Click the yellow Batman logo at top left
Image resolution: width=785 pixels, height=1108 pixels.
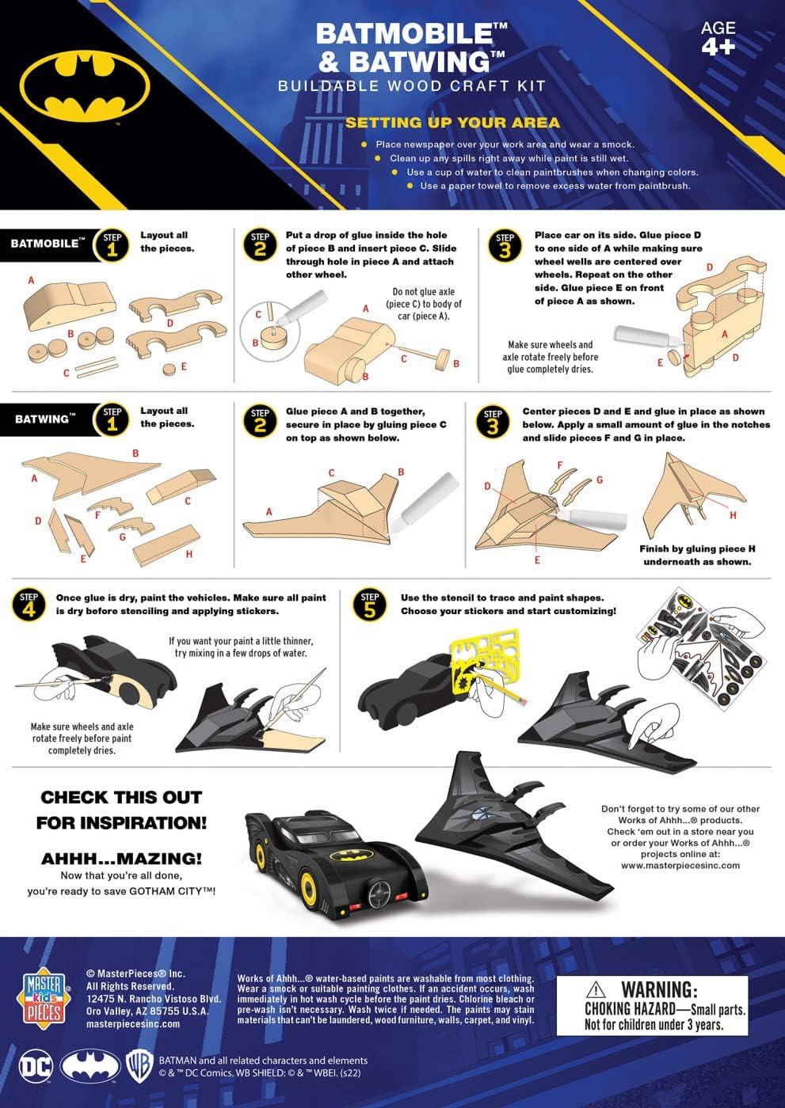(85, 88)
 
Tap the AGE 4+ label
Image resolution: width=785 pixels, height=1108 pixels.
(718, 37)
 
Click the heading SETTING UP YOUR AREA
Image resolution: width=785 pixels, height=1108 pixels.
(452, 122)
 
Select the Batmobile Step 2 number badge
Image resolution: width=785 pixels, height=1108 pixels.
(260, 245)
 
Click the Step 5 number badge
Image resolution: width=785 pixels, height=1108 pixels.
(370, 605)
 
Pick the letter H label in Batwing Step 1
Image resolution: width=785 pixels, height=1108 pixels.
(189, 554)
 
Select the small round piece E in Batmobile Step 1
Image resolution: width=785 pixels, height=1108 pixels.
(170, 369)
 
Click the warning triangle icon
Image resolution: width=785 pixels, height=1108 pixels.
(596, 990)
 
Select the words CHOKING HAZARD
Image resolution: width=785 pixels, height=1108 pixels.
(630, 1008)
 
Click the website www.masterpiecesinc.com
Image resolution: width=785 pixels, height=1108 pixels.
(680, 865)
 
